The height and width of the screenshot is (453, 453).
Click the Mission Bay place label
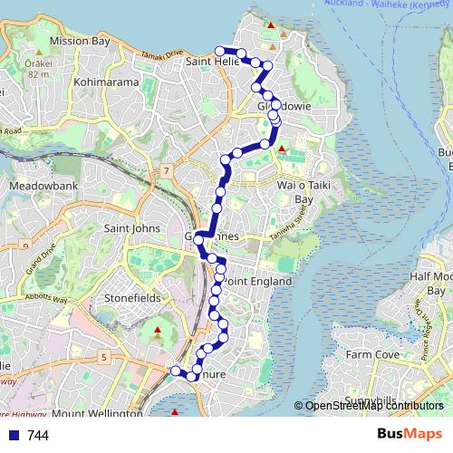point(82,42)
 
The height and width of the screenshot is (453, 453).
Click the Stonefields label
point(133,296)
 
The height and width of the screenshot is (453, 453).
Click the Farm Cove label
point(372,353)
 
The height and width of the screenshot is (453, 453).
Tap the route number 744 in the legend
point(38,435)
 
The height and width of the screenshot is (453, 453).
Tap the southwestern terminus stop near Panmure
point(176,370)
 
